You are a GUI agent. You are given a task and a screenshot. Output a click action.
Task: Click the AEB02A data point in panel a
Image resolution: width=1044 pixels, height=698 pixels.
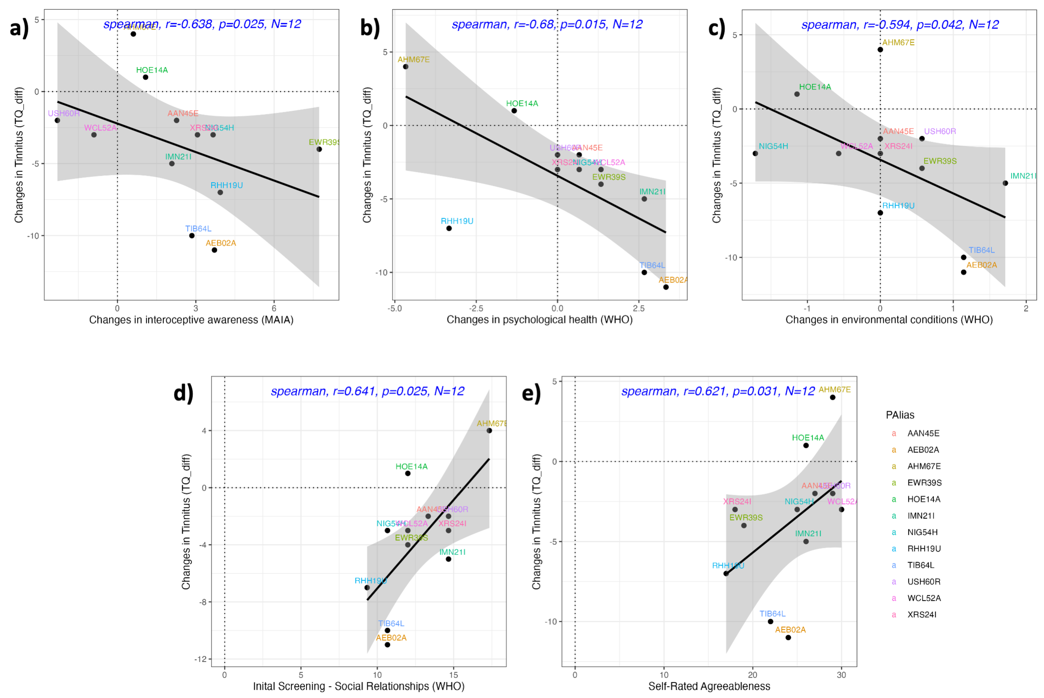214,250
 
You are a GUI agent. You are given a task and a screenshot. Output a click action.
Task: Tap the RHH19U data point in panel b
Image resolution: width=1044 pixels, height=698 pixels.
449,228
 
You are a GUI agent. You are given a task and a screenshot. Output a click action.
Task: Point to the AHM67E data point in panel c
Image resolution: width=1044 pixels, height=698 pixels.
880,50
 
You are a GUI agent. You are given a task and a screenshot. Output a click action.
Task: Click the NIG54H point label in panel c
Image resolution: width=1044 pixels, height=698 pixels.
773,146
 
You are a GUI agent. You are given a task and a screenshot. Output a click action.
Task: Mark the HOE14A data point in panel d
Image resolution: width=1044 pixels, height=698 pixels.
408,473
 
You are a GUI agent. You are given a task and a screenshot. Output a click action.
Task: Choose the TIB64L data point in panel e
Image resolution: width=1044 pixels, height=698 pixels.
770,622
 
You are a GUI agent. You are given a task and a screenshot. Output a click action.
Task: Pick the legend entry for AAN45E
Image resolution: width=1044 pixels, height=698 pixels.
923,434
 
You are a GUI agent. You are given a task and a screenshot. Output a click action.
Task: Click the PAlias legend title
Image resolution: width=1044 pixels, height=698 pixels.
900,415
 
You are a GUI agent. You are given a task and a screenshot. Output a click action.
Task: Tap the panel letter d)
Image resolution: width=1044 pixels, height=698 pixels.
183,393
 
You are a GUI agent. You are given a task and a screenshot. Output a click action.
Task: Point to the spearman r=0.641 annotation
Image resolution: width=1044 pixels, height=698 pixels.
368,391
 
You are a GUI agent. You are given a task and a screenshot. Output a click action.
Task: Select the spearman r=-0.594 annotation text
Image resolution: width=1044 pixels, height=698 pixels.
900,25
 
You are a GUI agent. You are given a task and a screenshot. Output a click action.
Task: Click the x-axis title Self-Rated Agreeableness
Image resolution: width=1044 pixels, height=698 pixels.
709,686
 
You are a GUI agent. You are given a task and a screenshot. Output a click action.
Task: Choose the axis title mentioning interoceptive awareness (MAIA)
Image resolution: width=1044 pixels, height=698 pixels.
191,320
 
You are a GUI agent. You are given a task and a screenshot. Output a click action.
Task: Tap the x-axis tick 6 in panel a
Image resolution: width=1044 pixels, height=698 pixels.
274,308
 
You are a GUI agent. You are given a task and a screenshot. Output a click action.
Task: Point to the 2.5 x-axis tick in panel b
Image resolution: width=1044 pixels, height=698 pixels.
639,308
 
